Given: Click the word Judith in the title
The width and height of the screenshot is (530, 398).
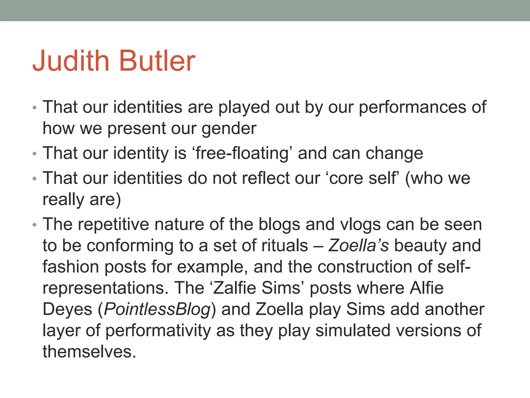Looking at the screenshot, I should tap(71, 61).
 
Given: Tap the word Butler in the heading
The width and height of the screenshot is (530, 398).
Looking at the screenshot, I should tap(157, 61).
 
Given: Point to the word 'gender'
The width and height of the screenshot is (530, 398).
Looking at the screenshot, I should tap(229, 129).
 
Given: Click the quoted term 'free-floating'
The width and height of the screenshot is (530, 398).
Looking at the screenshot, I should tap(242, 153).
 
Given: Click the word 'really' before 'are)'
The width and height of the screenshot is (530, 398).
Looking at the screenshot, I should tap(63, 200).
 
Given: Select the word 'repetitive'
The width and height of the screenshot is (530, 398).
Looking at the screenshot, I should tap(113, 224).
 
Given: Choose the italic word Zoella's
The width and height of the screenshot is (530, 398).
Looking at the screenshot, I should tap(358, 246).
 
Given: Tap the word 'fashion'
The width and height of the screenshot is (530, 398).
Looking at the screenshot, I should tap(71, 267).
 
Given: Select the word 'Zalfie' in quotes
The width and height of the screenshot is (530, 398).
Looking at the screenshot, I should tap(234, 288).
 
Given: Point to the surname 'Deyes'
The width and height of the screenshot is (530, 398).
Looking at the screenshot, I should tap(67, 309).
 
